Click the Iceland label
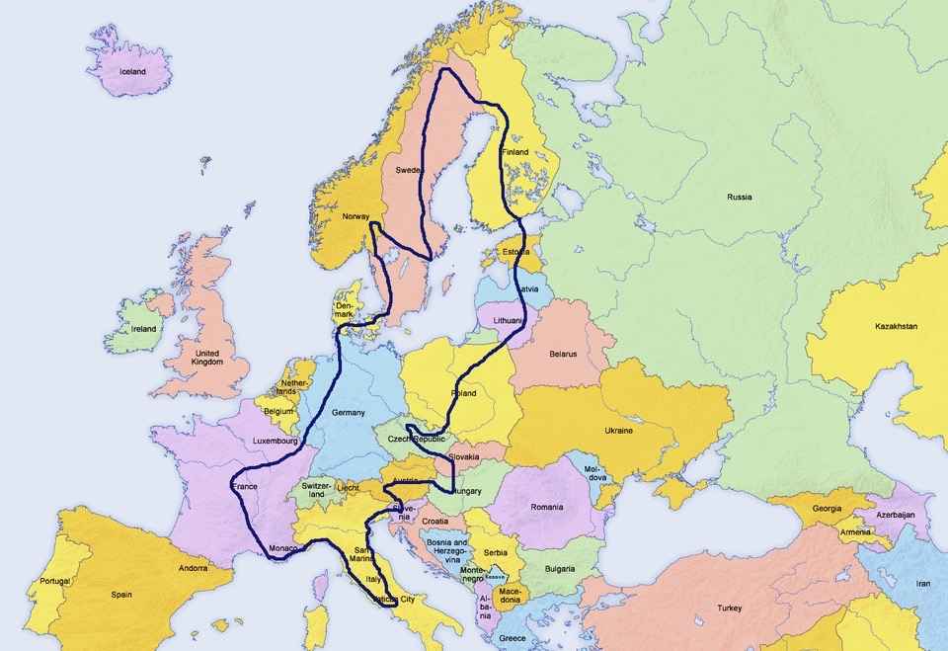click(x=132, y=72)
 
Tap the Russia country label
click(x=739, y=197)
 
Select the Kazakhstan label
click(x=896, y=326)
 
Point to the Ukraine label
click(x=618, y=431)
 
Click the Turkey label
click(x=730, y=608)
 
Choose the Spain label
click(x=121, y=595)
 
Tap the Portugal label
click(x=55, y=582)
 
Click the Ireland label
click(x=144, y=329)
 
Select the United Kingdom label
click(x=207, y=358)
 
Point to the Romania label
click(x=546, y=507)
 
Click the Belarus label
click(x=563, y=353)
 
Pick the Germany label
click(x=349, y=412)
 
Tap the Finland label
click(x=514, y=152)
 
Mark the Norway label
click(x=355, y=216)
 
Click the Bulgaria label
click(x=560, y=569)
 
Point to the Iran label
click(x=923, y=584)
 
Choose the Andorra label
click(x=193, y=569)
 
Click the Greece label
click(x=513, y=638)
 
